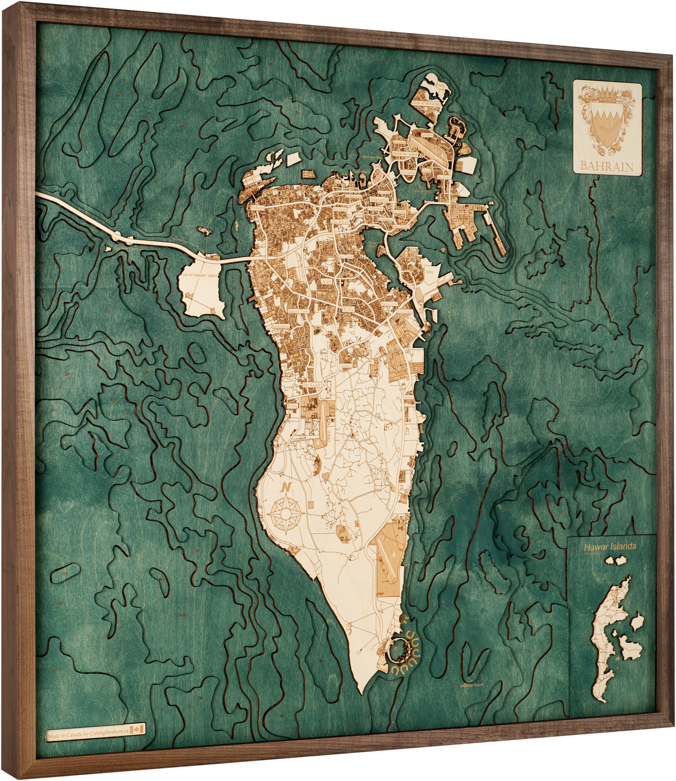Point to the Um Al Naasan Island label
point(200,276)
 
